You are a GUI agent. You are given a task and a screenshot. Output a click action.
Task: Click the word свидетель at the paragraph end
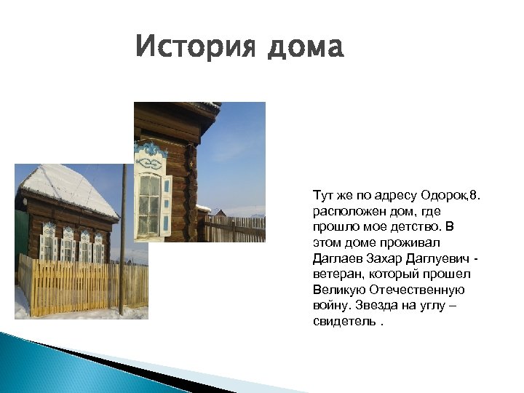coord(344,322)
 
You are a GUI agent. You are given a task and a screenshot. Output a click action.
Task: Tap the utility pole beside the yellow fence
coord(122,240)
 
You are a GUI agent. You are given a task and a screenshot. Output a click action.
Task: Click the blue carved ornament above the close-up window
coord(151,151)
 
